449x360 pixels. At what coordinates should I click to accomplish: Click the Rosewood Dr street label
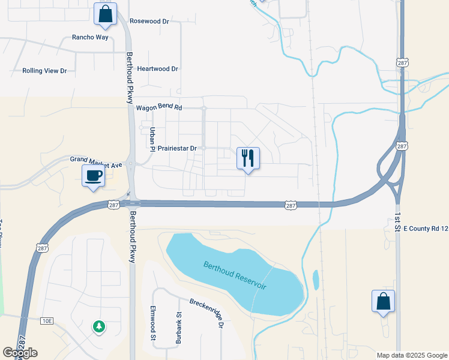click(x=150, y=21)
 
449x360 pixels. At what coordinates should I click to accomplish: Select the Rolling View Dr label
click(x=44, y=71)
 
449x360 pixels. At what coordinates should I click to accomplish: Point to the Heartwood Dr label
click(x=158, y=69)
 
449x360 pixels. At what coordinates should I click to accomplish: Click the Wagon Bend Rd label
click(x=158, y=108)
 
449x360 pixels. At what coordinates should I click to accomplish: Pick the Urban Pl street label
click(x=152, y=139)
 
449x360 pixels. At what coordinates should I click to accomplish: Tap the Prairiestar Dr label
click(x=178, y=148)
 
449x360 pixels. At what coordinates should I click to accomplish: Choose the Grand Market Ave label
click(x=96, y=160)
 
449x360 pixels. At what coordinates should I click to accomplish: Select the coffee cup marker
click(x=93, y=176)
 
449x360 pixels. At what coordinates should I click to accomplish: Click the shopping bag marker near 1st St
click(x=383, y=301)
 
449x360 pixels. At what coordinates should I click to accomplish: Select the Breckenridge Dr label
click(x=206, y=313)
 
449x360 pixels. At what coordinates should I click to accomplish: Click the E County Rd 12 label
click(x=426, y=229)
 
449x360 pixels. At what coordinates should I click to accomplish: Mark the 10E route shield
click(x=47, y=321)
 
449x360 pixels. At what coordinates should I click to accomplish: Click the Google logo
click(x=20, y=353)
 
